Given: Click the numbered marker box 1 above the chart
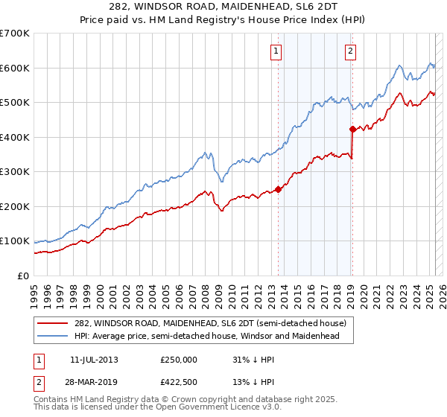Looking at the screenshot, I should click(276, 51).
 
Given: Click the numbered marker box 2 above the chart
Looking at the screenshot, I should click(350, 51).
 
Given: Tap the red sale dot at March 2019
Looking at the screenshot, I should click(352, 129).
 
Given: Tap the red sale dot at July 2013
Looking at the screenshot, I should click(278, 189).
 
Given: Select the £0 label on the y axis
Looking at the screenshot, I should click(23, 276).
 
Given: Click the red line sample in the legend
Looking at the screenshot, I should click(52, 324).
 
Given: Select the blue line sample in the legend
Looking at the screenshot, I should click(52, 337).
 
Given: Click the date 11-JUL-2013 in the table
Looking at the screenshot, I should click(94, 359).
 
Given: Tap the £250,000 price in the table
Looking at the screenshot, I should click(179, 359).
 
